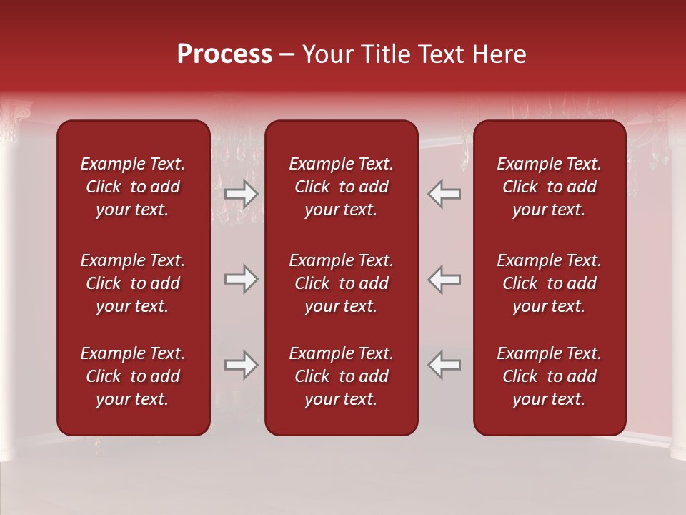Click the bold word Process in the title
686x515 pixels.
point(224,54)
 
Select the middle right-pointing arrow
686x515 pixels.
point(242,279)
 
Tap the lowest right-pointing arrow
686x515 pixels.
point(242,365)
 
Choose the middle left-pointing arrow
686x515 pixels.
point(444,279)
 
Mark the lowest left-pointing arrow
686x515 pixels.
point(444,365)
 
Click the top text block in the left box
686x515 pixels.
point(133,187)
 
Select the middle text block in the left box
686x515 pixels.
point(133,283)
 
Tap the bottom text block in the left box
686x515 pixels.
point(133,376)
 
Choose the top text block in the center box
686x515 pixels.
point(341,187)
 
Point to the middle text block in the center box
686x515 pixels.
point(341,283)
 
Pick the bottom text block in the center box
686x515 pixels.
point(341,376)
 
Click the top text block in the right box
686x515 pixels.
point(549,187)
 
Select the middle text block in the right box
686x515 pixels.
point(549,283)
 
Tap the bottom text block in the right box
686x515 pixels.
point(549,376)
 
